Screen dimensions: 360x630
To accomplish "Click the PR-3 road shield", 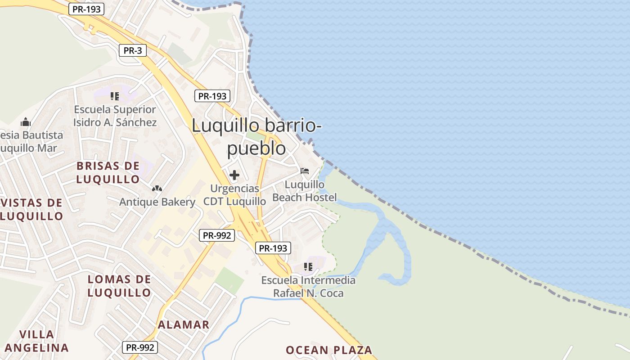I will (x=133, y=50).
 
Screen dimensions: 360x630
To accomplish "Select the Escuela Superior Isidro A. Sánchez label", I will (x=115, y=116).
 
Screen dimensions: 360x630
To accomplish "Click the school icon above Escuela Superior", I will (x=115, y=96).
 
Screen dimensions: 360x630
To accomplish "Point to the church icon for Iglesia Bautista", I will (x=26, y=122).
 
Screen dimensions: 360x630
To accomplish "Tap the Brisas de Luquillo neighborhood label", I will (x=108, y=172).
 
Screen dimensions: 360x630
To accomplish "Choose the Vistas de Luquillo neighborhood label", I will (x=31, y=209).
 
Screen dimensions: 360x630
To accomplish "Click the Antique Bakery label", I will (x=157, y=202).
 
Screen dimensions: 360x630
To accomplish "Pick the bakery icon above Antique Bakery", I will (x=157, y=189).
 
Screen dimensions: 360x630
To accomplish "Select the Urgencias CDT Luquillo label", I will (x=234, y=194).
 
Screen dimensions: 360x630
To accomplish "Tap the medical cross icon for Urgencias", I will (x=234, y=175).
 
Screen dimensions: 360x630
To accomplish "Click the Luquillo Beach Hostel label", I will (x=305, y=191).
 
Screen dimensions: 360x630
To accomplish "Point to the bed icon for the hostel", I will (x=305, y=171).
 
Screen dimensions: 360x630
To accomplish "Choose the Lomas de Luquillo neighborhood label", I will (x=119, y=286).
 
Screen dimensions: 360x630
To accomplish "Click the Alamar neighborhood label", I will (x=184, y=324).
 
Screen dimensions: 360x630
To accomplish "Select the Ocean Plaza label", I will (x=329, y=350).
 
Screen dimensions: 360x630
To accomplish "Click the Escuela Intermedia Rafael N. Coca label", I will (x=309, y=287).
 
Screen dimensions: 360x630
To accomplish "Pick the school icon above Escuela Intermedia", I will (x=308, y=267).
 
